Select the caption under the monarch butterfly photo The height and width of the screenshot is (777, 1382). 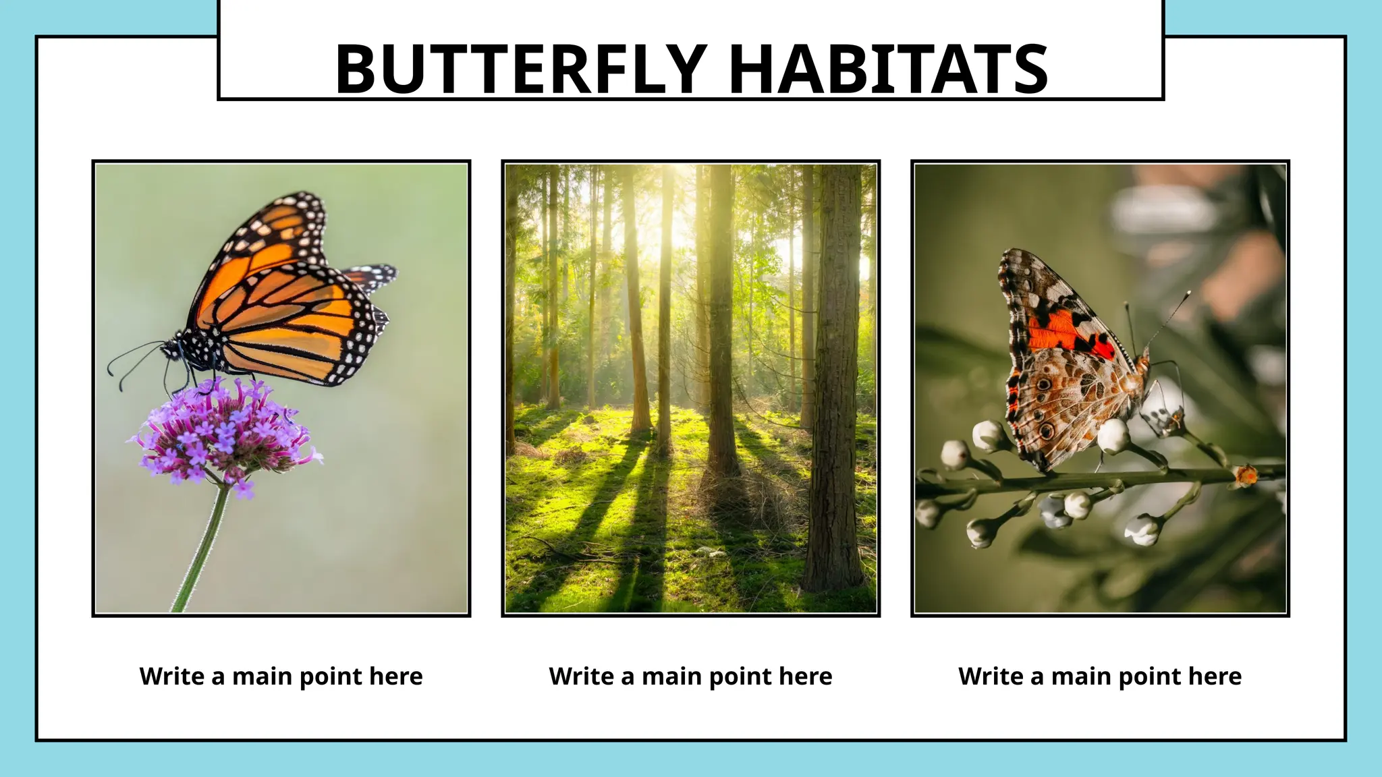[x=281, y=676]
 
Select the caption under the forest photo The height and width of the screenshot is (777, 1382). [x=690, y=676]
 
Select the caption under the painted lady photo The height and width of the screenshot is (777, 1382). [x=1099, y=676]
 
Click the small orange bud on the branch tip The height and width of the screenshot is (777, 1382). [x=1246, y=476]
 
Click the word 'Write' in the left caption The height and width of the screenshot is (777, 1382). [x=171, y=676]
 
